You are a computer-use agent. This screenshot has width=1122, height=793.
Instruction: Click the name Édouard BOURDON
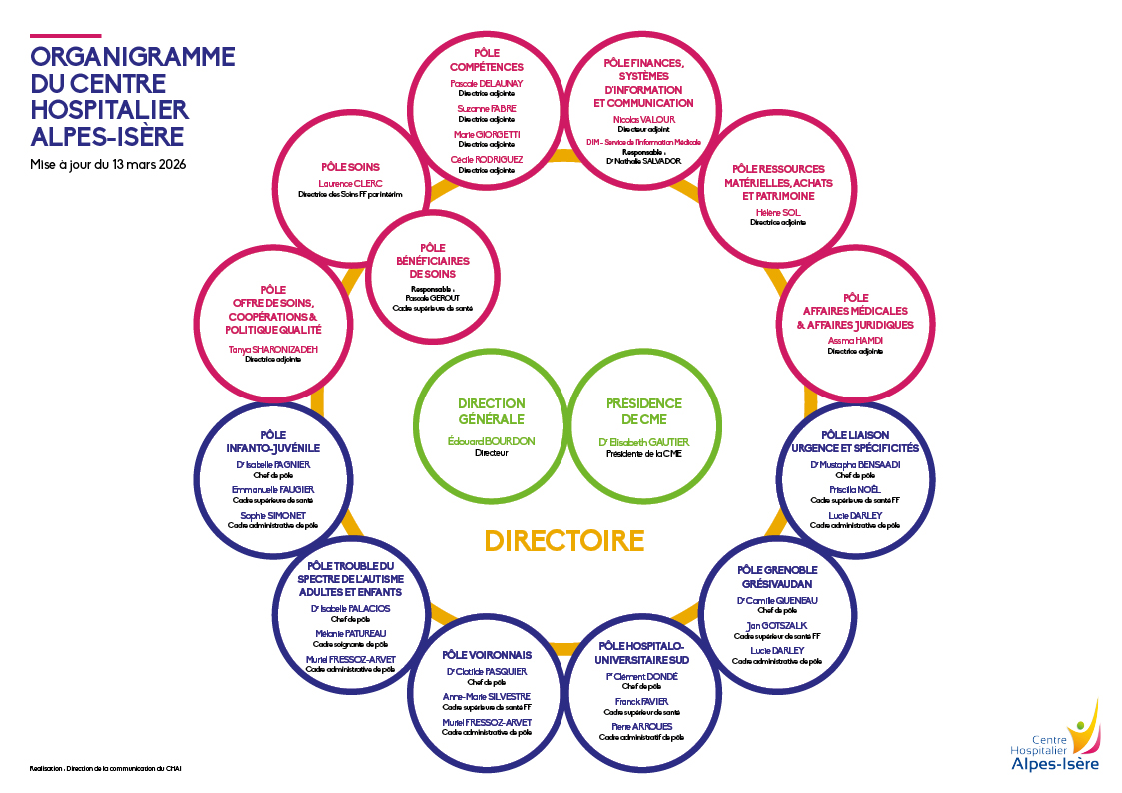[491, 441]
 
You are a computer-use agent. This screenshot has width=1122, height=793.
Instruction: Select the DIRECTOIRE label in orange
[564, 540]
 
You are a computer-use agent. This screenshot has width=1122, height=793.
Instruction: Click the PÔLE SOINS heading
[350, 167]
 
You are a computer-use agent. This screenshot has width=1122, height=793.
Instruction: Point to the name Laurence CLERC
[350, 184]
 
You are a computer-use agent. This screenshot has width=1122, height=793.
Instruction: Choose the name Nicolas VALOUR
[643, 119]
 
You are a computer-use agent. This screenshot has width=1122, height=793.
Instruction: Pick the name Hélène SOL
[778, 212]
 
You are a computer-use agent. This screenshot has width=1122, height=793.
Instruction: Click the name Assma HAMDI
[855, 341]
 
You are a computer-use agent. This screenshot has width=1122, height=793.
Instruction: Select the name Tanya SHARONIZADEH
[273, 349]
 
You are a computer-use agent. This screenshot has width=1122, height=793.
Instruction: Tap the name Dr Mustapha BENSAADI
[855, 464]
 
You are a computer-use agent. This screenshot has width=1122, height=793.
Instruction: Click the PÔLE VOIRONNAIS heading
[487, 655]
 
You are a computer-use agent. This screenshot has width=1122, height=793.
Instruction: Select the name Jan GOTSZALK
[777, 625]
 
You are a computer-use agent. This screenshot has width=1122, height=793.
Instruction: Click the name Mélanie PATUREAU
[350, 633]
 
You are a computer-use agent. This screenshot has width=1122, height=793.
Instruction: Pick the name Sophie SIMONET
[273, 515]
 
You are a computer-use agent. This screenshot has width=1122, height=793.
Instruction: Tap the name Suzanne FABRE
[487, 108]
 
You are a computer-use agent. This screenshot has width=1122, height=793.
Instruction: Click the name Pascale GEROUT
[433, 298]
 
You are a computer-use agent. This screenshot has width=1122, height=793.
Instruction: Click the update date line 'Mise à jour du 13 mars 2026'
[108, 164]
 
